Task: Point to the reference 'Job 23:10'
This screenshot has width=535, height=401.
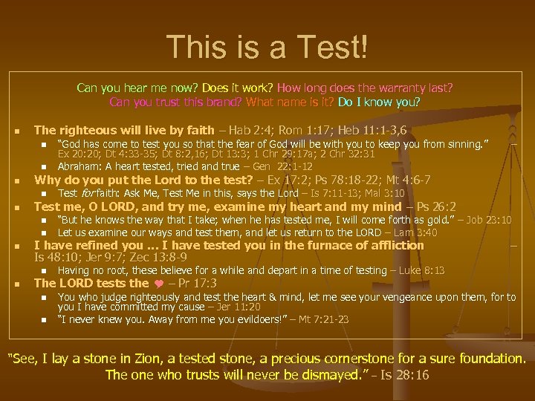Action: point(487,221)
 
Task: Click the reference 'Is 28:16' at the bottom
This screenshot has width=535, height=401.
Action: point(402,376)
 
